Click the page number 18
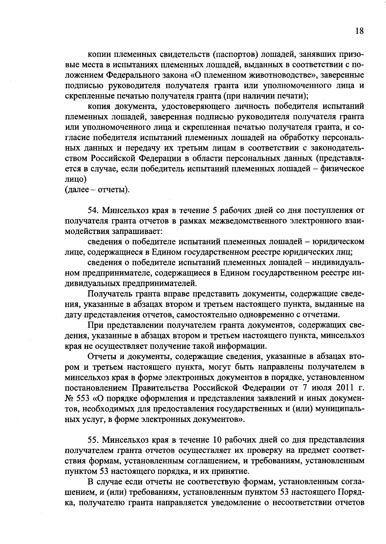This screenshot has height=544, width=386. pyautogui.click(x=359, y=31)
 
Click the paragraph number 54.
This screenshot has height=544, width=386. pyautogui.click(x=93, y=211)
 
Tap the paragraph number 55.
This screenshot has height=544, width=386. pyautogui.click(x=93, y=440)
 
